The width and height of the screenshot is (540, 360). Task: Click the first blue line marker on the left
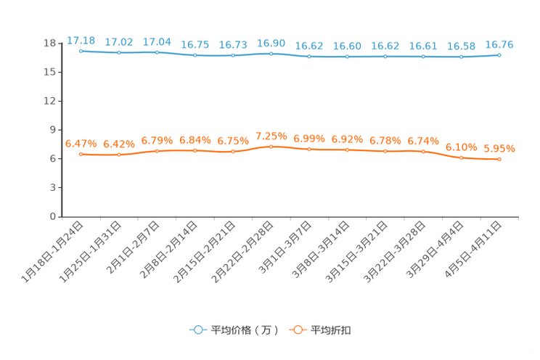click(x=81, y=51)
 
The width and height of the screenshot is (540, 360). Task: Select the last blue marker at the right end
click(x=499, y=54)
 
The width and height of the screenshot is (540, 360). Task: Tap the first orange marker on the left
click(x=81, y=155)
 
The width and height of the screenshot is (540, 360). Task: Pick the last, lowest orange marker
click(x=499, y=159)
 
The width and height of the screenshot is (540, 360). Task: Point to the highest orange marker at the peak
click(x=271, y=147)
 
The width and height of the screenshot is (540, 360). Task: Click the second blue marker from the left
click(x=119, y=52)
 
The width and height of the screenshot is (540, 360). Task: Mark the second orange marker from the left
click(x=119, y=155)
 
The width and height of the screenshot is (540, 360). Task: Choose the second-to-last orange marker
click(x=461, y=157)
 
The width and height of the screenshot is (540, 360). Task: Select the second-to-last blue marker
click(x=461, y=57)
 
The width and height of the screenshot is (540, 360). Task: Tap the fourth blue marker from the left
click(x=195, y=55)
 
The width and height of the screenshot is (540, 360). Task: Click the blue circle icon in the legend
click(x=197, y=330)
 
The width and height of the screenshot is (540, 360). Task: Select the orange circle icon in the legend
click(x=296, y=330)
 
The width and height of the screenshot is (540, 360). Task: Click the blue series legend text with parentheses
click(x=243, y=330)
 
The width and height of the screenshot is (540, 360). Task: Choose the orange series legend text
click(x=331, y=330)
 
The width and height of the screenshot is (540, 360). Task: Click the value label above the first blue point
click(x=81, y=40)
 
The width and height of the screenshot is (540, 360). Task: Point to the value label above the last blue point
click(x=499, y=44)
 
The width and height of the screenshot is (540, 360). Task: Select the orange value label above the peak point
click(x=271, y=136)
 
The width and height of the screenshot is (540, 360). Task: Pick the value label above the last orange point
click(x=499, y=148)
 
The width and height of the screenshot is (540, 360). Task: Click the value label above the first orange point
click(x=81, y=143)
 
